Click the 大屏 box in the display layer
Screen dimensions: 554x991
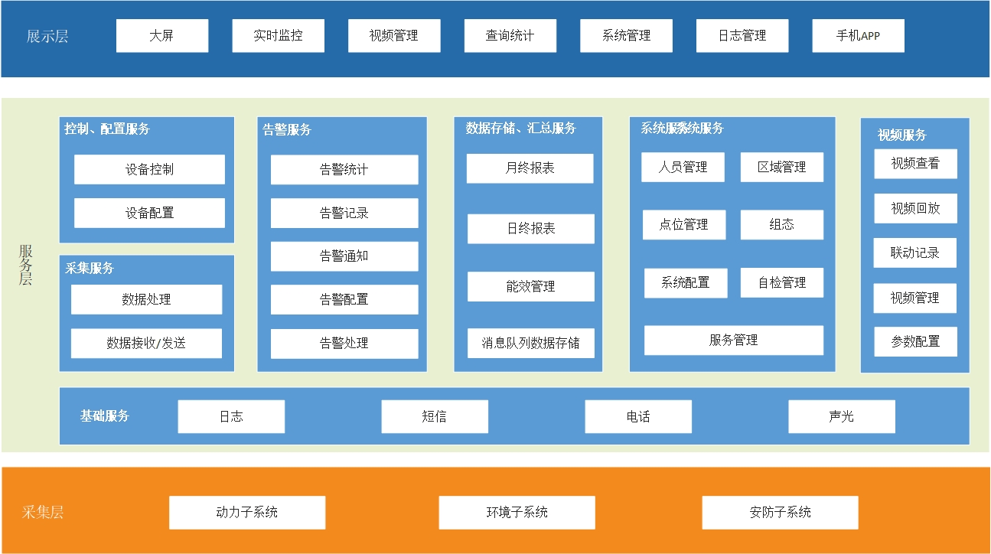[162, 36]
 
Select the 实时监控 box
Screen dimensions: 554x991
[279, 36]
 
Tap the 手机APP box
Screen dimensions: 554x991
[858, 36]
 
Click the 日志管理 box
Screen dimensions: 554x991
[742, 36]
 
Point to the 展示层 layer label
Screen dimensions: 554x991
[47, 37]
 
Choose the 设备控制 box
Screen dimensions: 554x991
[149, 169]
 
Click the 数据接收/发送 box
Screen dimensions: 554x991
[146, 344]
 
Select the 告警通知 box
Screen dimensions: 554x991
[344, 256]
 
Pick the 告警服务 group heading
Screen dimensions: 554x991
[287, 129]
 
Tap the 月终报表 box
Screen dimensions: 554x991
[530, 168]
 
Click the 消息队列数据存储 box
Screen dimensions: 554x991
[531, 343]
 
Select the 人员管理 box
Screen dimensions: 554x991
[683, 168]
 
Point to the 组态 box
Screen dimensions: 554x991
[782, 225]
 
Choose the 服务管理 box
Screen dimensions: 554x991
[734, 341]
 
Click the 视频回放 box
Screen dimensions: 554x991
[915, 208]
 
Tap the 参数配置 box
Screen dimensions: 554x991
[915, 341]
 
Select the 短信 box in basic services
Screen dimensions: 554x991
[435, 416]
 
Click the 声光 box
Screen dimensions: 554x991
[842, 416]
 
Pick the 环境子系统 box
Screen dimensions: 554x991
[517, 513]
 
